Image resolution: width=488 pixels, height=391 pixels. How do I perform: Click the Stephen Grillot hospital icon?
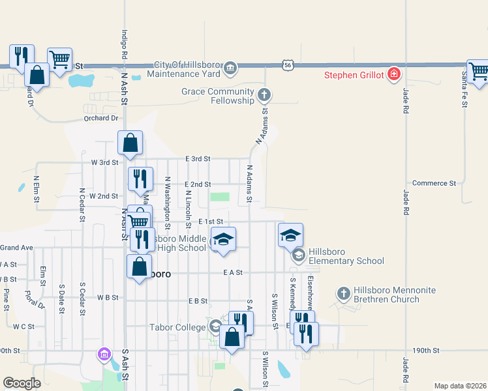393,74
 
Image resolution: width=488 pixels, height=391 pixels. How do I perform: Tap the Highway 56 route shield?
288,65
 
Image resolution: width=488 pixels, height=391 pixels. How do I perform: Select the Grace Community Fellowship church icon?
264,96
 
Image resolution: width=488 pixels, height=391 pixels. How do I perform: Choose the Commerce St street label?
435,184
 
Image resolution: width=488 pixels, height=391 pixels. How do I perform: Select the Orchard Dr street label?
100,119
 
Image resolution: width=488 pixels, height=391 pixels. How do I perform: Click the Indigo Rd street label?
123,44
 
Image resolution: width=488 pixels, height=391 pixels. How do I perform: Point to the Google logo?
22,383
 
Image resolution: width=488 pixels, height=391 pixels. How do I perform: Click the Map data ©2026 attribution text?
459,386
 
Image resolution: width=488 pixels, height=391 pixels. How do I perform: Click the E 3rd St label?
198,158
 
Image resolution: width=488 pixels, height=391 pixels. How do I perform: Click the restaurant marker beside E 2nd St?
140,179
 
